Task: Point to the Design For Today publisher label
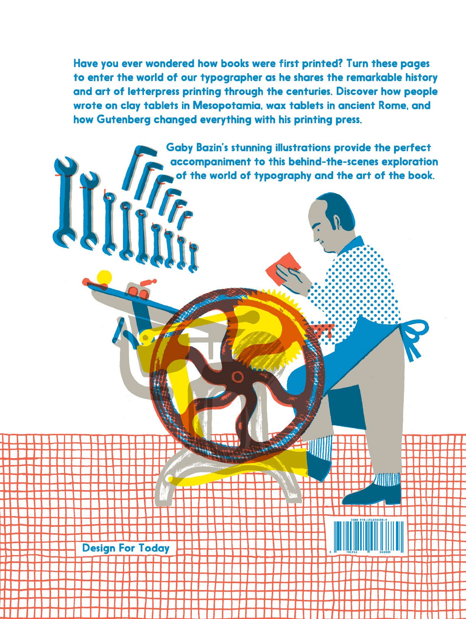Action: pyautogui.click(x=126, y=548)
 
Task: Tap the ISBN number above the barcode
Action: pyautogui.click(x=369, y=520)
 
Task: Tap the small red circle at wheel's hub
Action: pyautogui.click(x=238, y=377)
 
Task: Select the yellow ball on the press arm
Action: pyautogui.click(x=104, y=277)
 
